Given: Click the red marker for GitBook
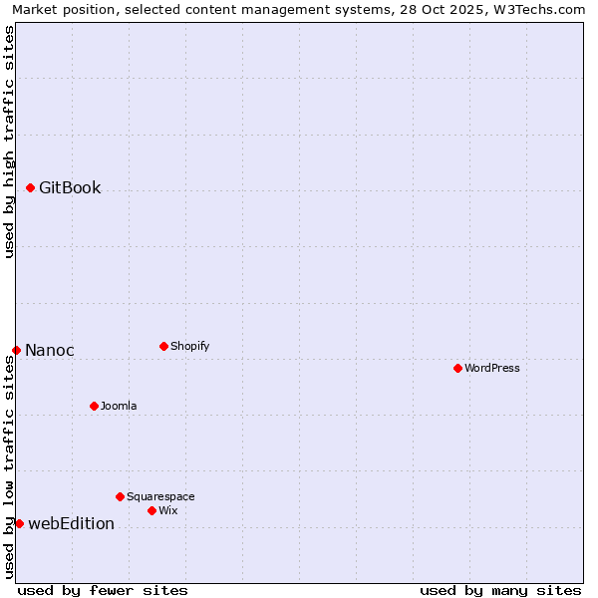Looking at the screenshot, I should pos(30,187).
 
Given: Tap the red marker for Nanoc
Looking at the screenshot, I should pos(16,350).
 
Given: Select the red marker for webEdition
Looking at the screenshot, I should pos(19,523).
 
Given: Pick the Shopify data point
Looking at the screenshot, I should pos(163,346).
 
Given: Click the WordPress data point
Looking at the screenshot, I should pos(457,368).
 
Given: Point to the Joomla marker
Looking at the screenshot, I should pos(94,406).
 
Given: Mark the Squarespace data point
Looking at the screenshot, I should pos(120,496).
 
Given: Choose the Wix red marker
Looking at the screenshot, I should pos(151,510).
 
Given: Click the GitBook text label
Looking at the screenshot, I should pos(70,187).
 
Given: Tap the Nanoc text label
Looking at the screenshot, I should pos(50,350).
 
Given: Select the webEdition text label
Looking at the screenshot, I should pos(71,523).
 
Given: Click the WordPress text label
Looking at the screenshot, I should pos(492,368).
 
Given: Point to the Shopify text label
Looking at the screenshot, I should pos(189,346).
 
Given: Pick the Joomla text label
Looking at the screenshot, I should pos(119,406).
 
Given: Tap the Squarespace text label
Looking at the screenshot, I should pos(160,496).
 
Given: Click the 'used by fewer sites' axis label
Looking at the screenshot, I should pos(103,590).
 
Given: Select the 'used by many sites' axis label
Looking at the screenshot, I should pos(500,590).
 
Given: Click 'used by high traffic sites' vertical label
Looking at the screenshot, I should pos(9,142).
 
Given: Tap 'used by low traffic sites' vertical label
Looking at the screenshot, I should pos(9,466).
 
